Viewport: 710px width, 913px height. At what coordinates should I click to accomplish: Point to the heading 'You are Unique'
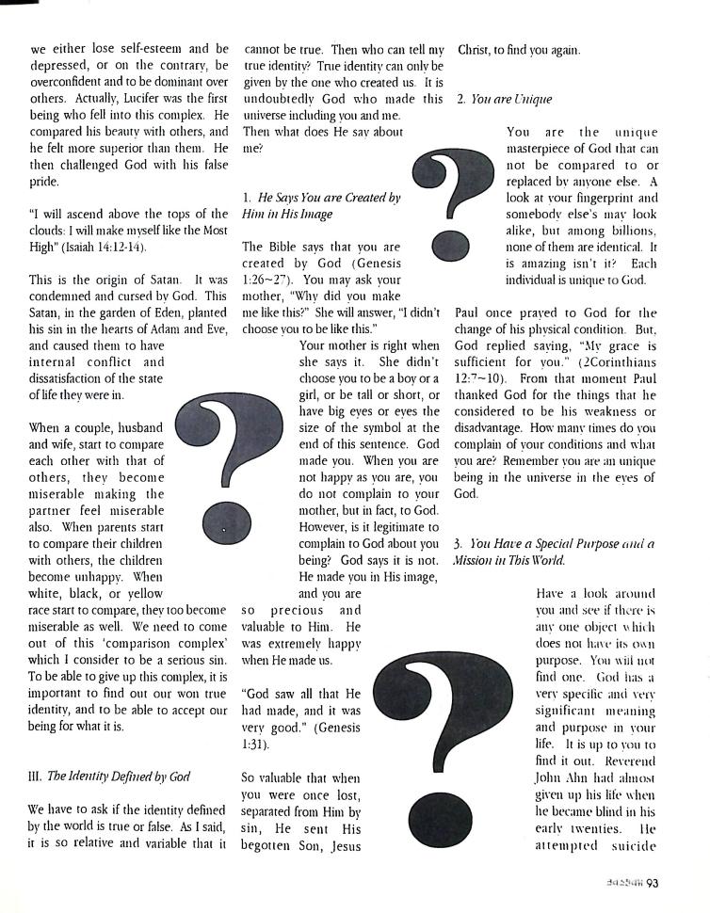(x=511, y=99)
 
